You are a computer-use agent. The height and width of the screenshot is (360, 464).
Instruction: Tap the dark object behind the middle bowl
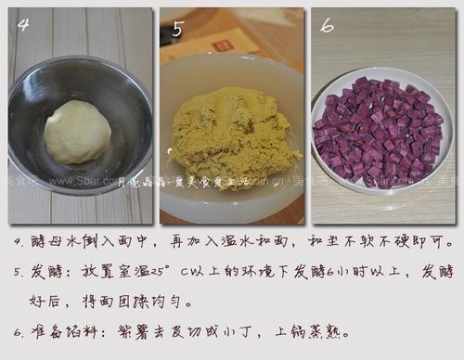(174, 33)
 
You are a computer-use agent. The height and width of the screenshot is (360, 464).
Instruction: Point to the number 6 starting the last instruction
(19, 331)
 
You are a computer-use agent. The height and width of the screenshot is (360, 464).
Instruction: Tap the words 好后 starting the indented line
(45, 302)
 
